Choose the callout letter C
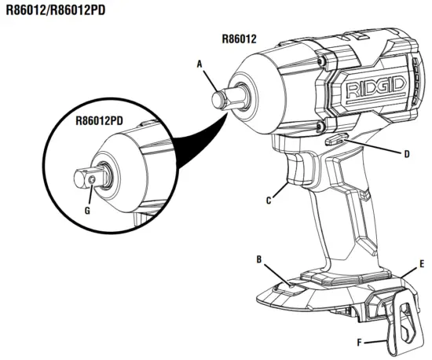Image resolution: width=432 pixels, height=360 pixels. [x=269, y=200]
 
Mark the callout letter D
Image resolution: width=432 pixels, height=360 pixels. [x=406, y=154]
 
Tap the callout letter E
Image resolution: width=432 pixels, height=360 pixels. [x=422, y=264]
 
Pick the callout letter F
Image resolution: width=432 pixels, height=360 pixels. [x=360, y=343]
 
